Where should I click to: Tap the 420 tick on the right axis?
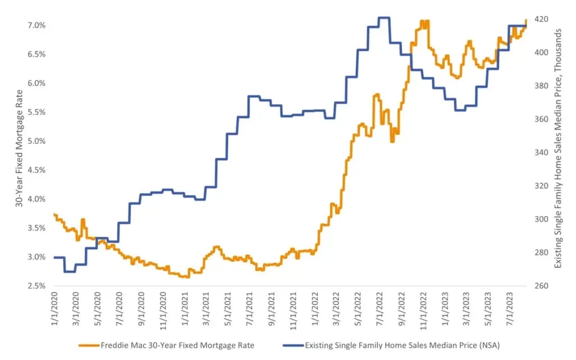coord(539,19)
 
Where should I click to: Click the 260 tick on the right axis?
coord(539,286)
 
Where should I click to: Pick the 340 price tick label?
coord(539,152)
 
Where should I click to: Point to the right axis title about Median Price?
coord(558,147)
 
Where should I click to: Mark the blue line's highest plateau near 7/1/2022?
coord(384,17)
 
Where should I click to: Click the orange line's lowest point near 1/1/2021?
coord(187,277)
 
